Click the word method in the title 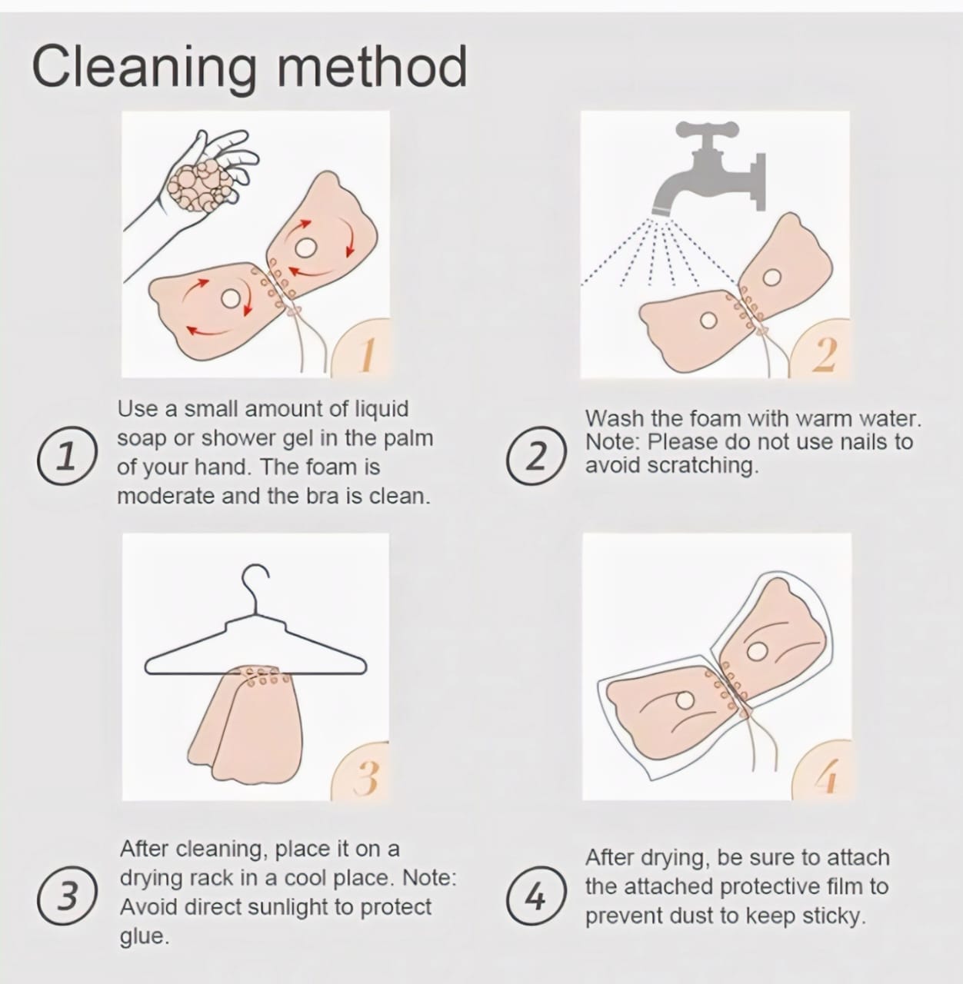point(372,66)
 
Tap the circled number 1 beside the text point(67,456)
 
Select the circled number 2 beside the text point(536,456)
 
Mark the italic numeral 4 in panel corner point(828,776)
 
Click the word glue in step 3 point(145,936)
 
